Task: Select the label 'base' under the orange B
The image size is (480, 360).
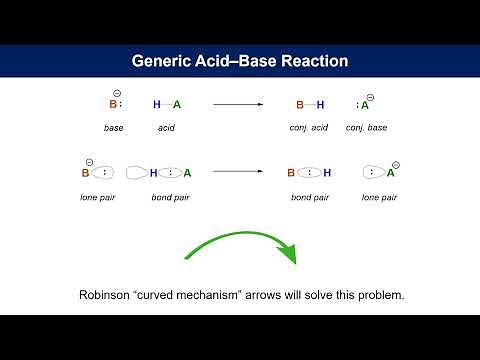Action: (x=113, y=128)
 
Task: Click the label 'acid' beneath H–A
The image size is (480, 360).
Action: (x=166, y=128)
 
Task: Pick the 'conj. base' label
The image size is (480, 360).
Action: (x=367, y=128)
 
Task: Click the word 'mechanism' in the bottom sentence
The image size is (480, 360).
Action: (x=228, y=296)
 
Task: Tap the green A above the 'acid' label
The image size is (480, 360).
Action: (x=177, y=104)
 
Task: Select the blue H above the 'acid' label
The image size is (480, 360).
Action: (x=156, y=104)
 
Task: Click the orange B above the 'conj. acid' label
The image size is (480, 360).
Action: (x=299, y=104)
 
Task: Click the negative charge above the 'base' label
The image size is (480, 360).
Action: (x=118, y=90)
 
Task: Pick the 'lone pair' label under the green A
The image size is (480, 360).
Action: (x=379, y=197)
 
